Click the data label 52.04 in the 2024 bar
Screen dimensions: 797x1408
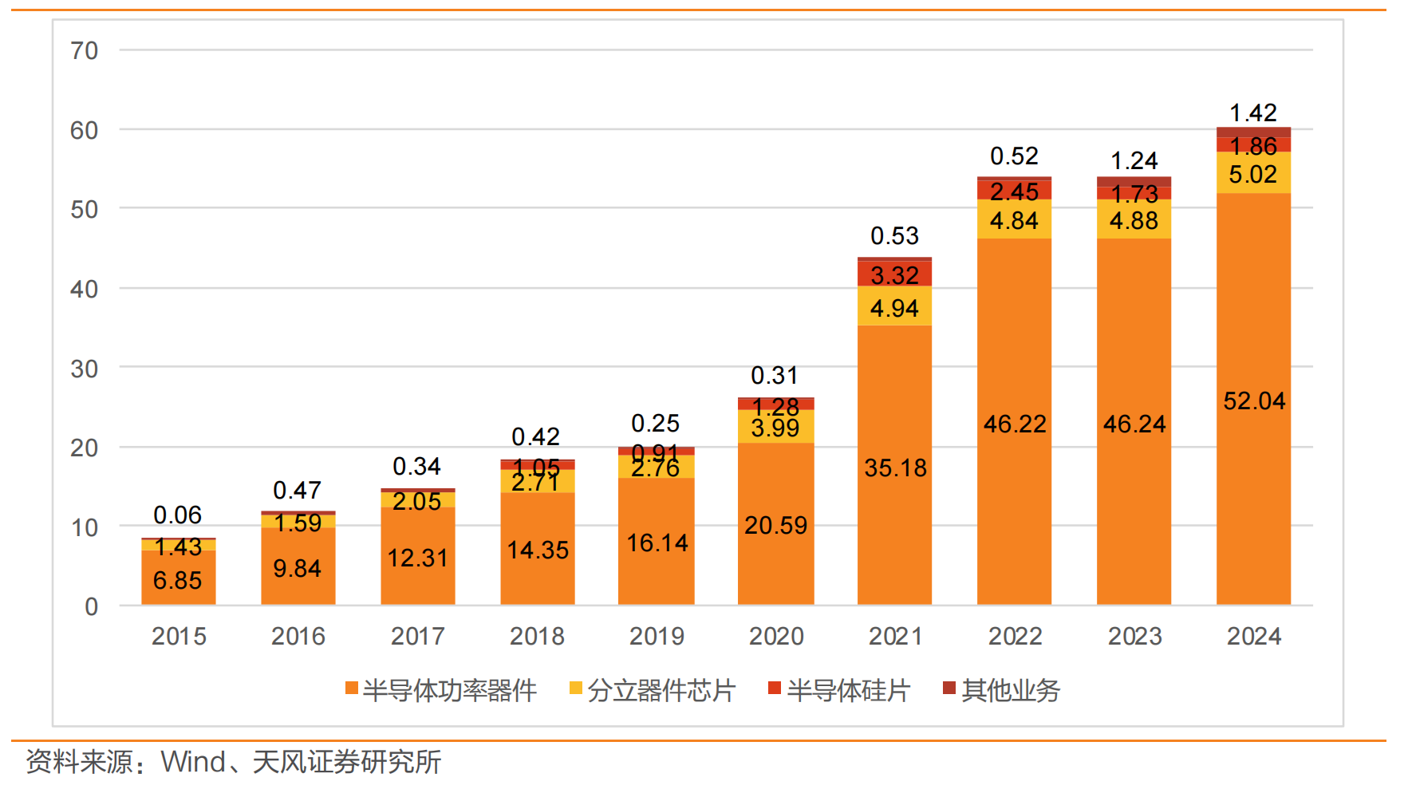pos(1254,400)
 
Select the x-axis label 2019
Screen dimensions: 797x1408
pos(657,636)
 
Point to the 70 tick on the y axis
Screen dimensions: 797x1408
pos(84,50)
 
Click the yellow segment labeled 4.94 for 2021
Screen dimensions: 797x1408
pos(894,307)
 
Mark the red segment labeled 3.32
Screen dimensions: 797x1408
pos(894,274)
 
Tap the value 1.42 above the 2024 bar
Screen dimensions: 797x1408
pos(1253,112)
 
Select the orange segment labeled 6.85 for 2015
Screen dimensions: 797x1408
pos(178,580)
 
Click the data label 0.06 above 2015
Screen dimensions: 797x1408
pos(177,515)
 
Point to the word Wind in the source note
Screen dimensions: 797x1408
pos(193,762)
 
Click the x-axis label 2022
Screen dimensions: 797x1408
pos(1015,636)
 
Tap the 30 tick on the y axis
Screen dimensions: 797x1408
pos(84,369)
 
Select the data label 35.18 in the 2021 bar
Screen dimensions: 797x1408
pos(895,468)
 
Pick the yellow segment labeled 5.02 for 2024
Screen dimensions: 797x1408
pos(1253,173)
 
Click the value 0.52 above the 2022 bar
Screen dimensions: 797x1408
pos(1014,156)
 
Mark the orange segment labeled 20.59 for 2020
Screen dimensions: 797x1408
pos(775,525)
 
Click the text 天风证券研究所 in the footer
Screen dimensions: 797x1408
pos(347,762)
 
